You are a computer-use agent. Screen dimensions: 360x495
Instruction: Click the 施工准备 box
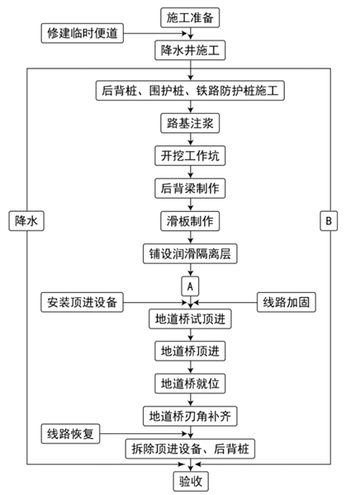(x=190, y=17)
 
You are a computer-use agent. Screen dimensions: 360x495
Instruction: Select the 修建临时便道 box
(x=83, y=33)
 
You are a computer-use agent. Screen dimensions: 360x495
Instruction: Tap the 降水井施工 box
(x=190, y=50)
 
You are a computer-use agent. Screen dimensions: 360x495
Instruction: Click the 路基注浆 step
(x=190, y=123)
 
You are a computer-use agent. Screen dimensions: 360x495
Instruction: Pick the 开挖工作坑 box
(x=190, y=156)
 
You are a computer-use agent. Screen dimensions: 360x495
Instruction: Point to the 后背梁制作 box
(x=190, y=188)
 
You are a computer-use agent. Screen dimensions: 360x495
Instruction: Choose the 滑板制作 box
(x=190, y=221)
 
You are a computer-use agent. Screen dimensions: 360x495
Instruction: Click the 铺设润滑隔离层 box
(x=190, y=254)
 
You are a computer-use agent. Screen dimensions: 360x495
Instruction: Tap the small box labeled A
(x=190, y=286)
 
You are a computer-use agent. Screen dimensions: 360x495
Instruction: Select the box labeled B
(x=329, y=221)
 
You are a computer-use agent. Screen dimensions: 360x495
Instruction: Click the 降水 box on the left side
(x=26, y=221)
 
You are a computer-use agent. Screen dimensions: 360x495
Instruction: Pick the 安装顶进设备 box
(x=83, y=303)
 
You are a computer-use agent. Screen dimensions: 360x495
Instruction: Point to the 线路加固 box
(x=287, y=303)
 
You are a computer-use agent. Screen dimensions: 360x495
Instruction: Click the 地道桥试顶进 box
(x=190, y=318)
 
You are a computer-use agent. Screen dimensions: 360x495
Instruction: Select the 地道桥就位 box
(x=190, y=384)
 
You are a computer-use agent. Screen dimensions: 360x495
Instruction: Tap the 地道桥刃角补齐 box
(x=190, y=416)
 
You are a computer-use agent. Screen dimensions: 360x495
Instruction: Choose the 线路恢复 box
(x=70, y=434)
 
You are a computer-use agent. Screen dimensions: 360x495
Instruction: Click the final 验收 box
(x=191, y=482)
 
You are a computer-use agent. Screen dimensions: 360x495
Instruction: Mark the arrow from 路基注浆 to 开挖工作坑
(x=190, y=139)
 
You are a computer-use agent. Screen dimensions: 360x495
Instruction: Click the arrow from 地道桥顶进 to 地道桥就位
(x=190, y=367)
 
